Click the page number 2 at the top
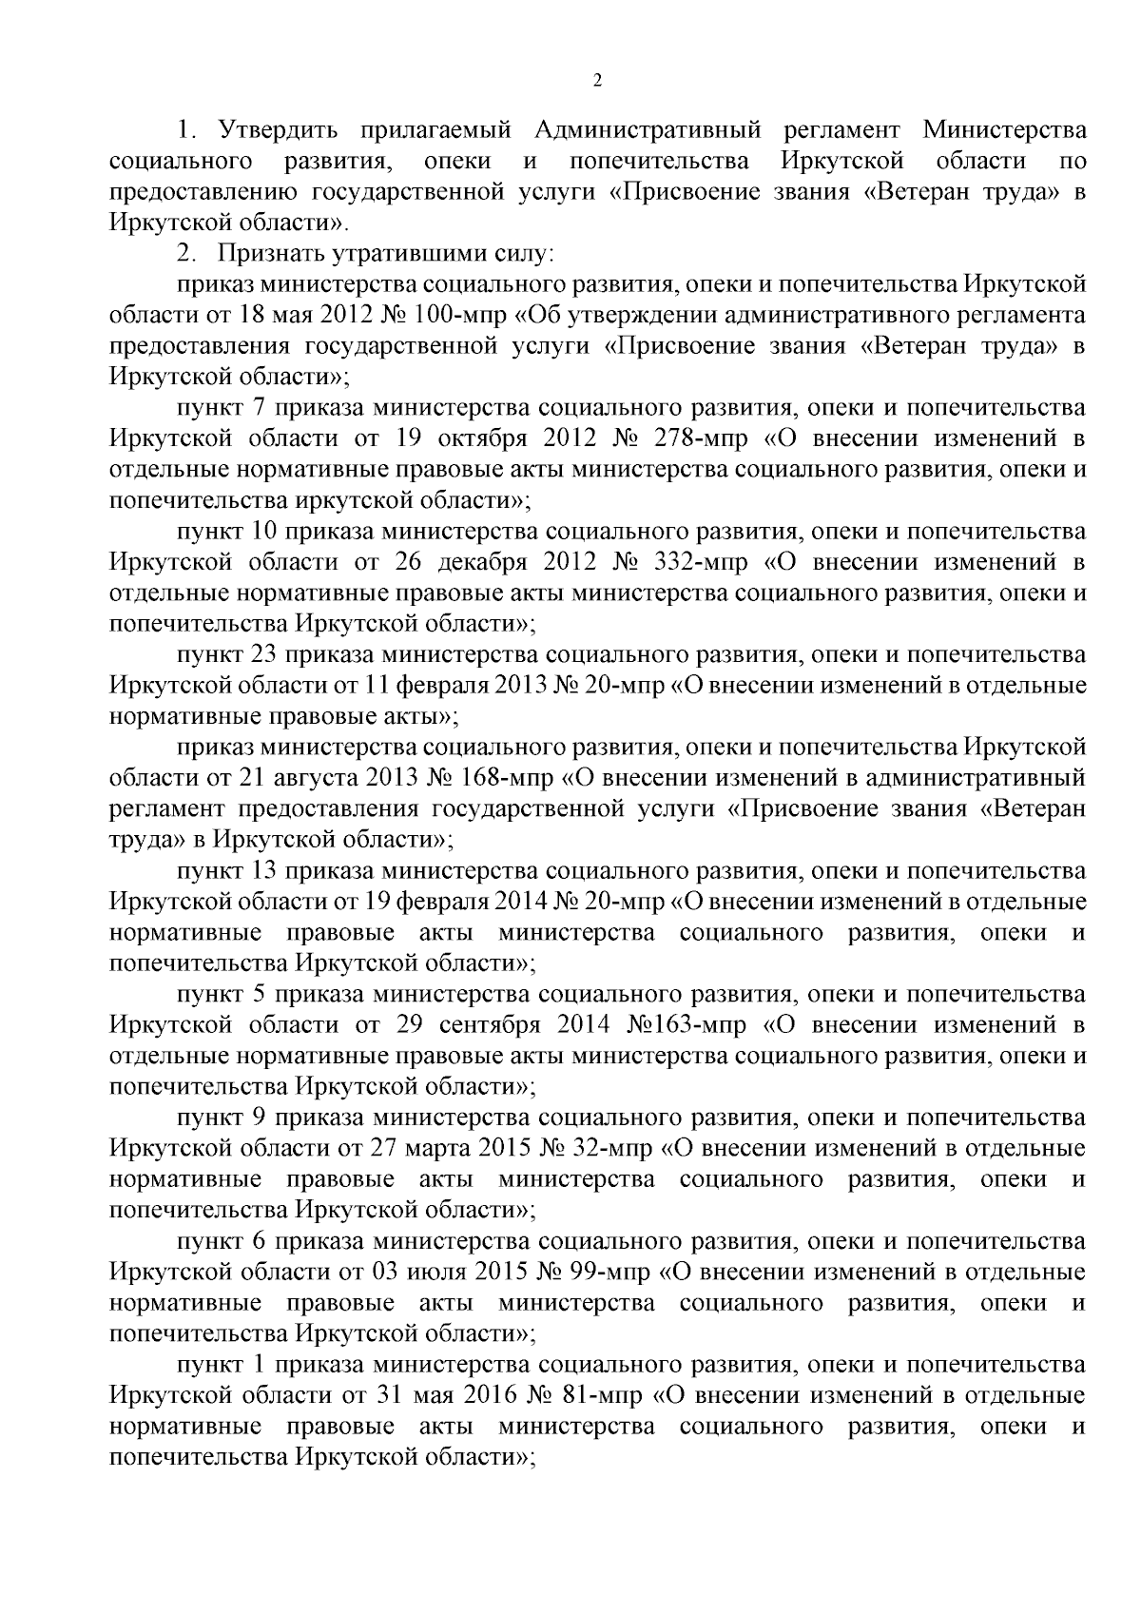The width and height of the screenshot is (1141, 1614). click(x=597, y=81)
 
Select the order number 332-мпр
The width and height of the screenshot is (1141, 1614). click(x=700, y=562)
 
